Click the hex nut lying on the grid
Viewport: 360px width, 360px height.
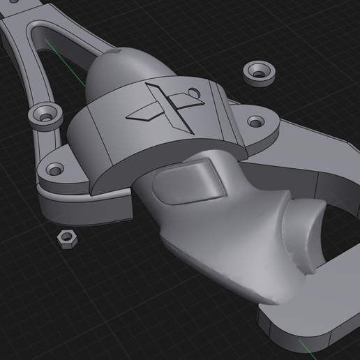coord(68,240)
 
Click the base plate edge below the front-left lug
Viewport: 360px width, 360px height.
coord(84,207)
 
